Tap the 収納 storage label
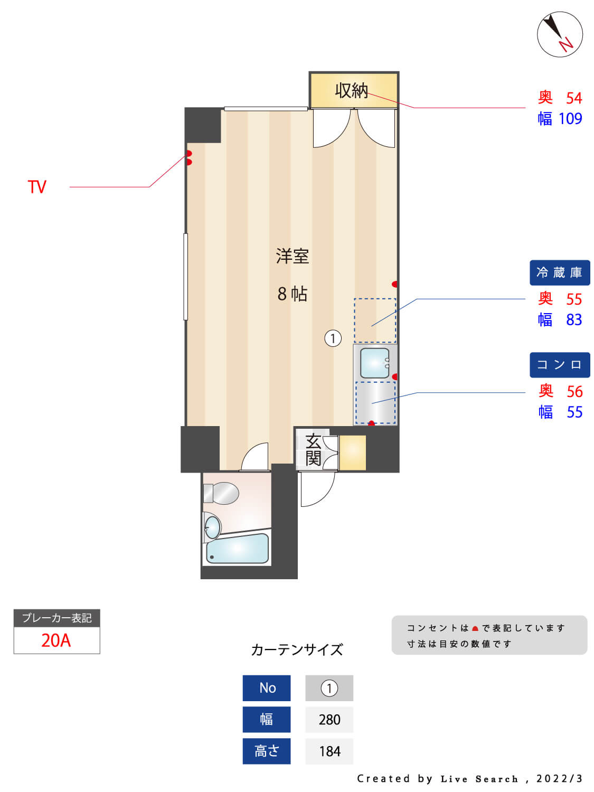coord(351,91)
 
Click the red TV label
coord(37,187)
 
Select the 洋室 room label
coord(292,257)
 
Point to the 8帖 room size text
coord(292,294)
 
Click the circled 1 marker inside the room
coord(333,338)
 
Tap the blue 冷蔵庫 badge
coord(559,272)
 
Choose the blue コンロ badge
coord(559,365)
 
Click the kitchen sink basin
coord(374,363)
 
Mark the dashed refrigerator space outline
coord(374,320)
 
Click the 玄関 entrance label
coord(313,449)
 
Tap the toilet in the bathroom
coord(222,493)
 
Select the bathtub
coord(237,549)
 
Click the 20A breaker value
coord(56,640)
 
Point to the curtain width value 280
coord(329,720)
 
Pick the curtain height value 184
coord(329,751)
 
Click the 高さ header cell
coord(266,751)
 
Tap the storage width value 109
coord(570,119)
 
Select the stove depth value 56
coord(574,392)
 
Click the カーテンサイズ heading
coord(297,649)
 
